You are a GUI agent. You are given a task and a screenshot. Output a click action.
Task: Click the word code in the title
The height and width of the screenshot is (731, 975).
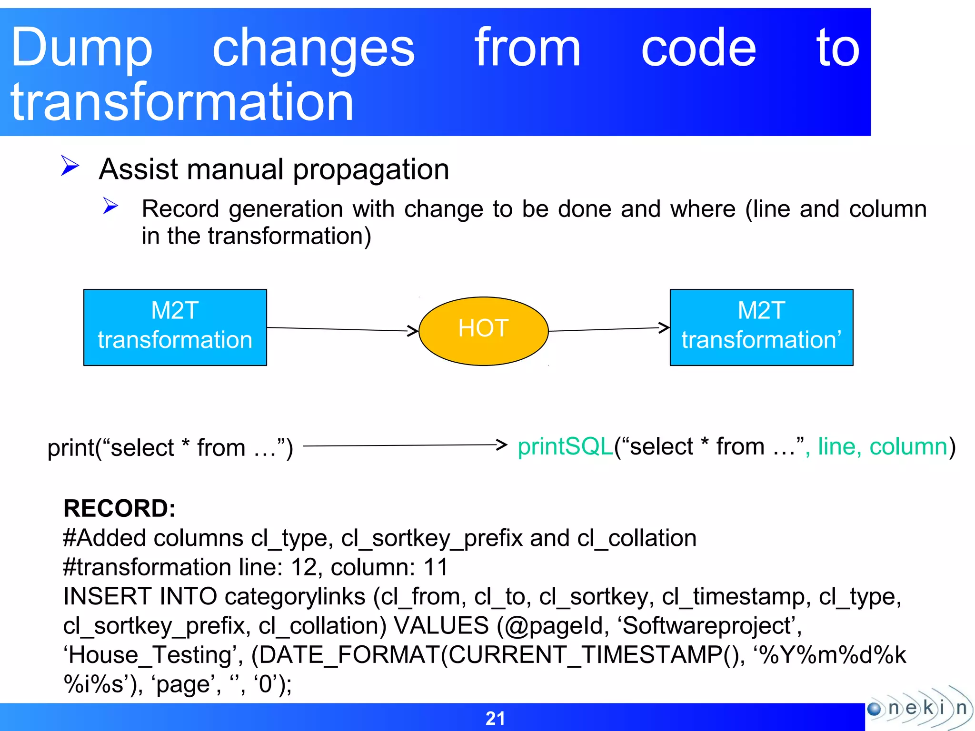(x=698, y=48)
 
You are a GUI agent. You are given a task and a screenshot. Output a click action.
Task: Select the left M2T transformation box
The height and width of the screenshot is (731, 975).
(x=175, y=327)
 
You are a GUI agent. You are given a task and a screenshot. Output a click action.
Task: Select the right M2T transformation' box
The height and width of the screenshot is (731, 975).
(x=761, y=327)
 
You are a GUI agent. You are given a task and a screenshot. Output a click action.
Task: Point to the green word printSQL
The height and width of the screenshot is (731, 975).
(x=565, y=447)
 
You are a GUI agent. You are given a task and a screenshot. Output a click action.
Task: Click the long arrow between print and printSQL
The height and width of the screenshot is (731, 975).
(x=405, y=445)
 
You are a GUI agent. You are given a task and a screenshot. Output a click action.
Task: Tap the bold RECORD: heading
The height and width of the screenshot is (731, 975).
(x=119, y=508)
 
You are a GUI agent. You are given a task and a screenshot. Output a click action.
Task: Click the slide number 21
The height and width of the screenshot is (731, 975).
(x=495, y=718)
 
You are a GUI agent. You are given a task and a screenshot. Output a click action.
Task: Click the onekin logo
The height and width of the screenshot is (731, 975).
(x=919, y=708)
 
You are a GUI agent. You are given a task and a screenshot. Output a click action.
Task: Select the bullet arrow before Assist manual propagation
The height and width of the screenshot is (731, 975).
(x=70, y=166)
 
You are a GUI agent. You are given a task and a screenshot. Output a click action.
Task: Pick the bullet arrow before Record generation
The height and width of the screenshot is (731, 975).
(x=110, y=206)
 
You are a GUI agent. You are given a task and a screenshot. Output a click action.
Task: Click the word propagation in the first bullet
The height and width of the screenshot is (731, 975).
(x=370, y=170)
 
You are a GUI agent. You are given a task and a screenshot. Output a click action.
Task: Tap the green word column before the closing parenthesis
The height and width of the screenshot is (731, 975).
(x=908, y=447)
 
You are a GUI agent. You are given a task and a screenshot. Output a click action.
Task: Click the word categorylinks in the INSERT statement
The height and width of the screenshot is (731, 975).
(x=295, y=597)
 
